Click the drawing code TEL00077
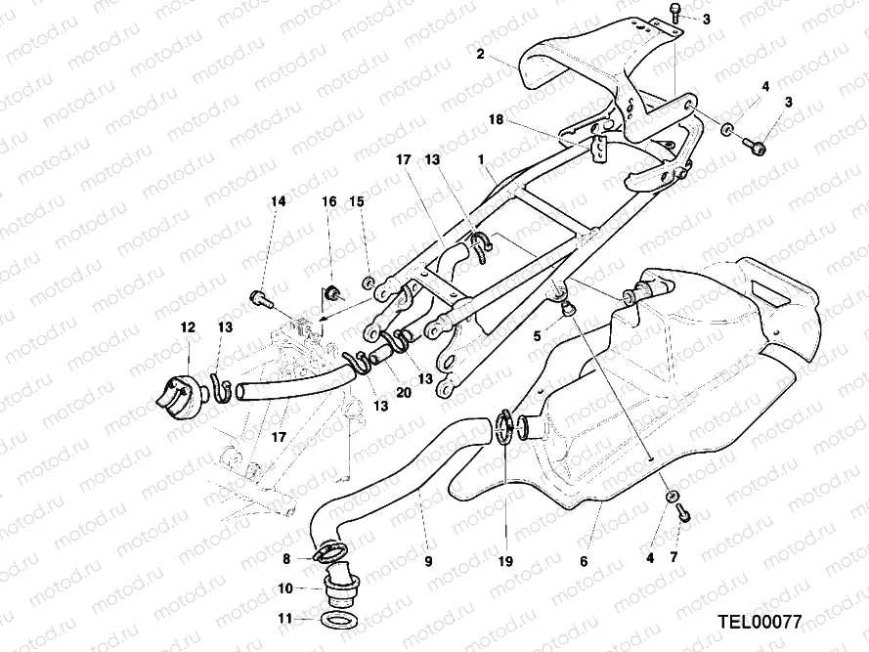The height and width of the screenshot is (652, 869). (x=759, y=621)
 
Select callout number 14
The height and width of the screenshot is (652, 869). (x=279, y=201)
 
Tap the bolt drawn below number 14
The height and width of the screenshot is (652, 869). (x=260, y=295)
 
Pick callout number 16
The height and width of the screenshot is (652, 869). (x=329, y=201)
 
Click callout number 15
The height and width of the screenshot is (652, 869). (x=357, y=201)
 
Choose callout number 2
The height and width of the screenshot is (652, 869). (x=480, y=54)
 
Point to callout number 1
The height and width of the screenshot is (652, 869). (x=481, y=156)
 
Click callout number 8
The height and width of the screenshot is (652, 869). (x=286, y=559)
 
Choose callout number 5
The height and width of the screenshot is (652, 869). (x=537, y=334)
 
